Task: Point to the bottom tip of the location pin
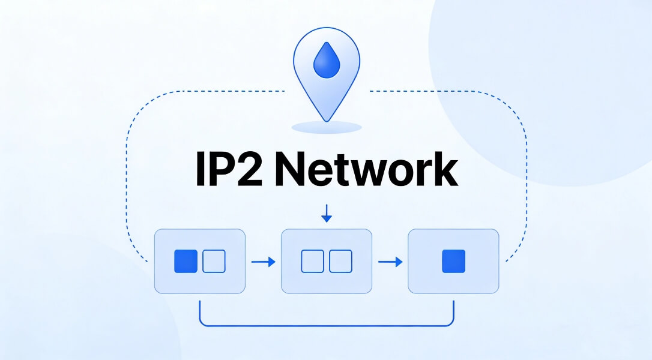[x=326, y=121]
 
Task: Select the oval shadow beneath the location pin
[x=326, y=127]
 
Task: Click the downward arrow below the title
[x=326, y=214]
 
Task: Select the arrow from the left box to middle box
[x=263, y=262]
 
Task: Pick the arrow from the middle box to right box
[x=390, y=262]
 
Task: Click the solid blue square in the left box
[x=186, y=262]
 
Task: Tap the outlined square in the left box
[x=214, y=262]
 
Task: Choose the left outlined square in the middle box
[x=312, y=262]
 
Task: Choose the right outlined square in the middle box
[x=340, y=262]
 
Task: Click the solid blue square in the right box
[x=453, y=262]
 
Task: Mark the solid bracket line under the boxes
[x=326, y=326]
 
